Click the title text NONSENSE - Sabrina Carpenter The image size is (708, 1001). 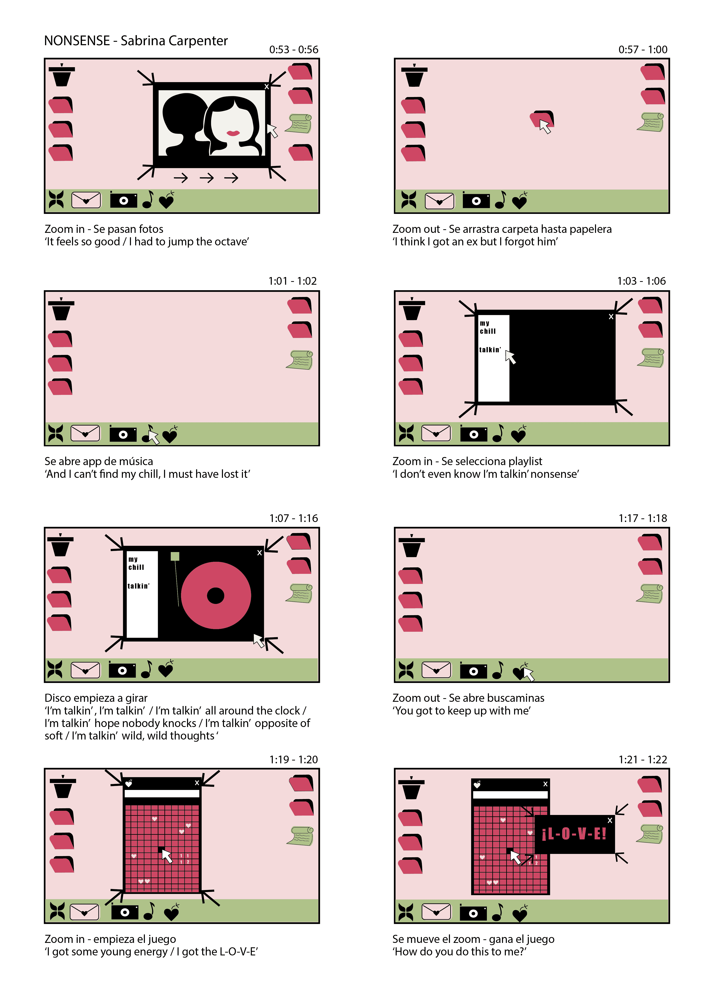[x=136, y=41]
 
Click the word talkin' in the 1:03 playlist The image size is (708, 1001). [x=490, y=350]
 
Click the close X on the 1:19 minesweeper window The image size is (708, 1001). [x=197, y=783]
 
